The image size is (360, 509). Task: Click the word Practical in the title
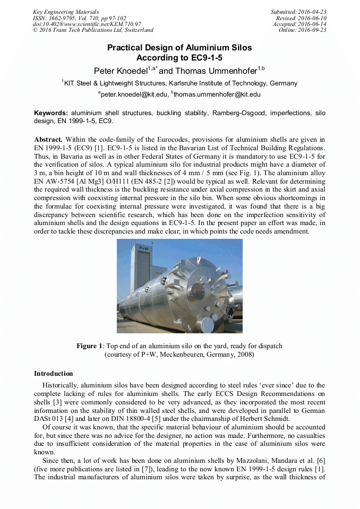(x=126, y=48)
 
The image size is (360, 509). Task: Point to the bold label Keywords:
(x=51, y=113)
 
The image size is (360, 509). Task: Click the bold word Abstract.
(x=48, y=139)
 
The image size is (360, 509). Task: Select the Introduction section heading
(x=53, y=374)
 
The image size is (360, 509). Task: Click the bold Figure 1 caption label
(x=89, y=346)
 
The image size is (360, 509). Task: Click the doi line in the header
(x=87, y=24)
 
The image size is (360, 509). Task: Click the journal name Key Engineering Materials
(x=66, y=12)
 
